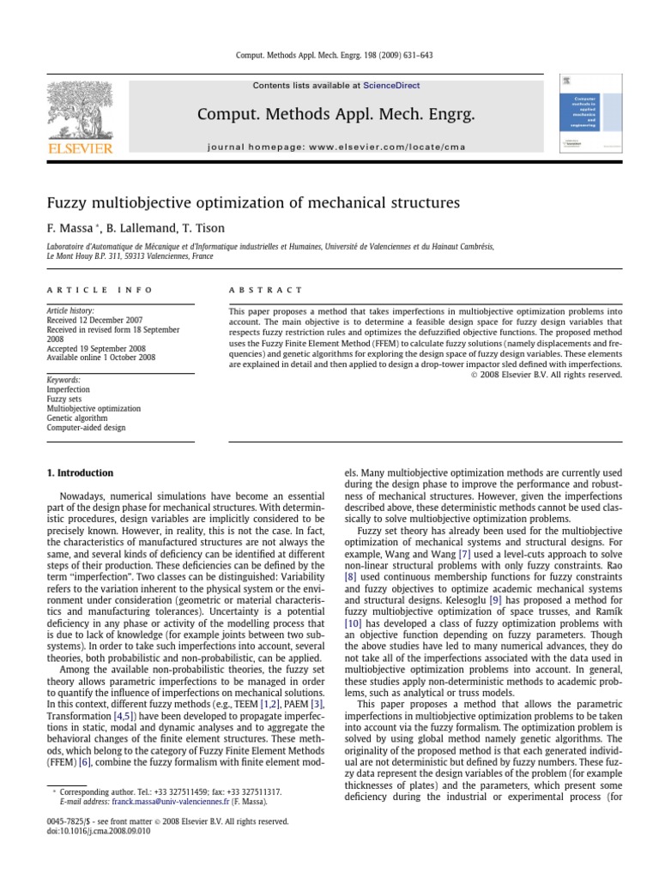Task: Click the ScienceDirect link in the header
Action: pyautogui.click(x=391, y=86)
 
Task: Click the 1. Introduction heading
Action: pyautogui.click(x=79, y=472)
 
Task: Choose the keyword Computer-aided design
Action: pyautogui.click(x=86, y=427)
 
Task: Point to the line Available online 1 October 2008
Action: pyautogui.click(x=101, y=358)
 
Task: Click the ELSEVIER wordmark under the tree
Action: pyautogui.click(x=79, y=149)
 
